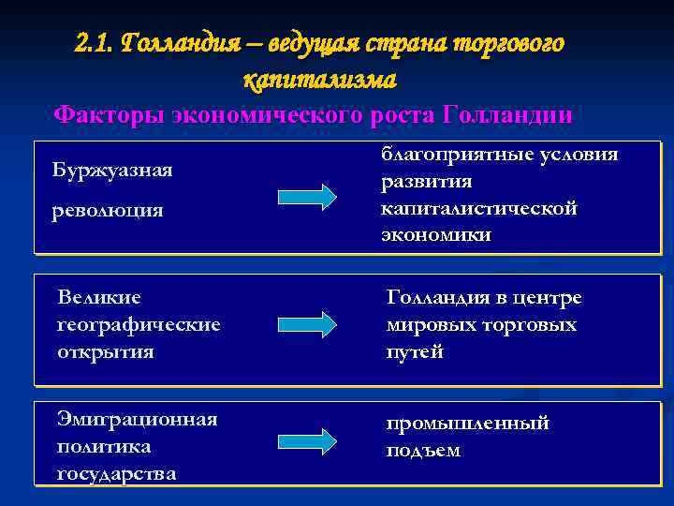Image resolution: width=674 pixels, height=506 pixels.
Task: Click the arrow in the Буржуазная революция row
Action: click(x=307, y=197)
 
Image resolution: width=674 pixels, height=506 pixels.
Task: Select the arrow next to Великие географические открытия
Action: click(x=307, y=324)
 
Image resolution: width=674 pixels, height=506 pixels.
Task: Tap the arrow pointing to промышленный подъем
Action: click(x=307, y=439)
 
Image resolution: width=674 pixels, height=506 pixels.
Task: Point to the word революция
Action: click(x=108, y=210)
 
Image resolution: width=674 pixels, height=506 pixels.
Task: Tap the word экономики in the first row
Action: click(x=435, y=234)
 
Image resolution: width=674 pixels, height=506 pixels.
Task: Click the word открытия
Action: click(x=106, y=351)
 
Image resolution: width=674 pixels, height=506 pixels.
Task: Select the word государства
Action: click(x=116, y=473)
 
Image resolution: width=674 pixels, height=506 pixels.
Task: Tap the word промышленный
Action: click(x=468, y=423)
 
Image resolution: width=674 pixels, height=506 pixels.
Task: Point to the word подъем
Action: click(x=423, y=450)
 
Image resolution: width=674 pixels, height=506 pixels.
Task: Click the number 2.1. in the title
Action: click(x=95, y=44)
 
